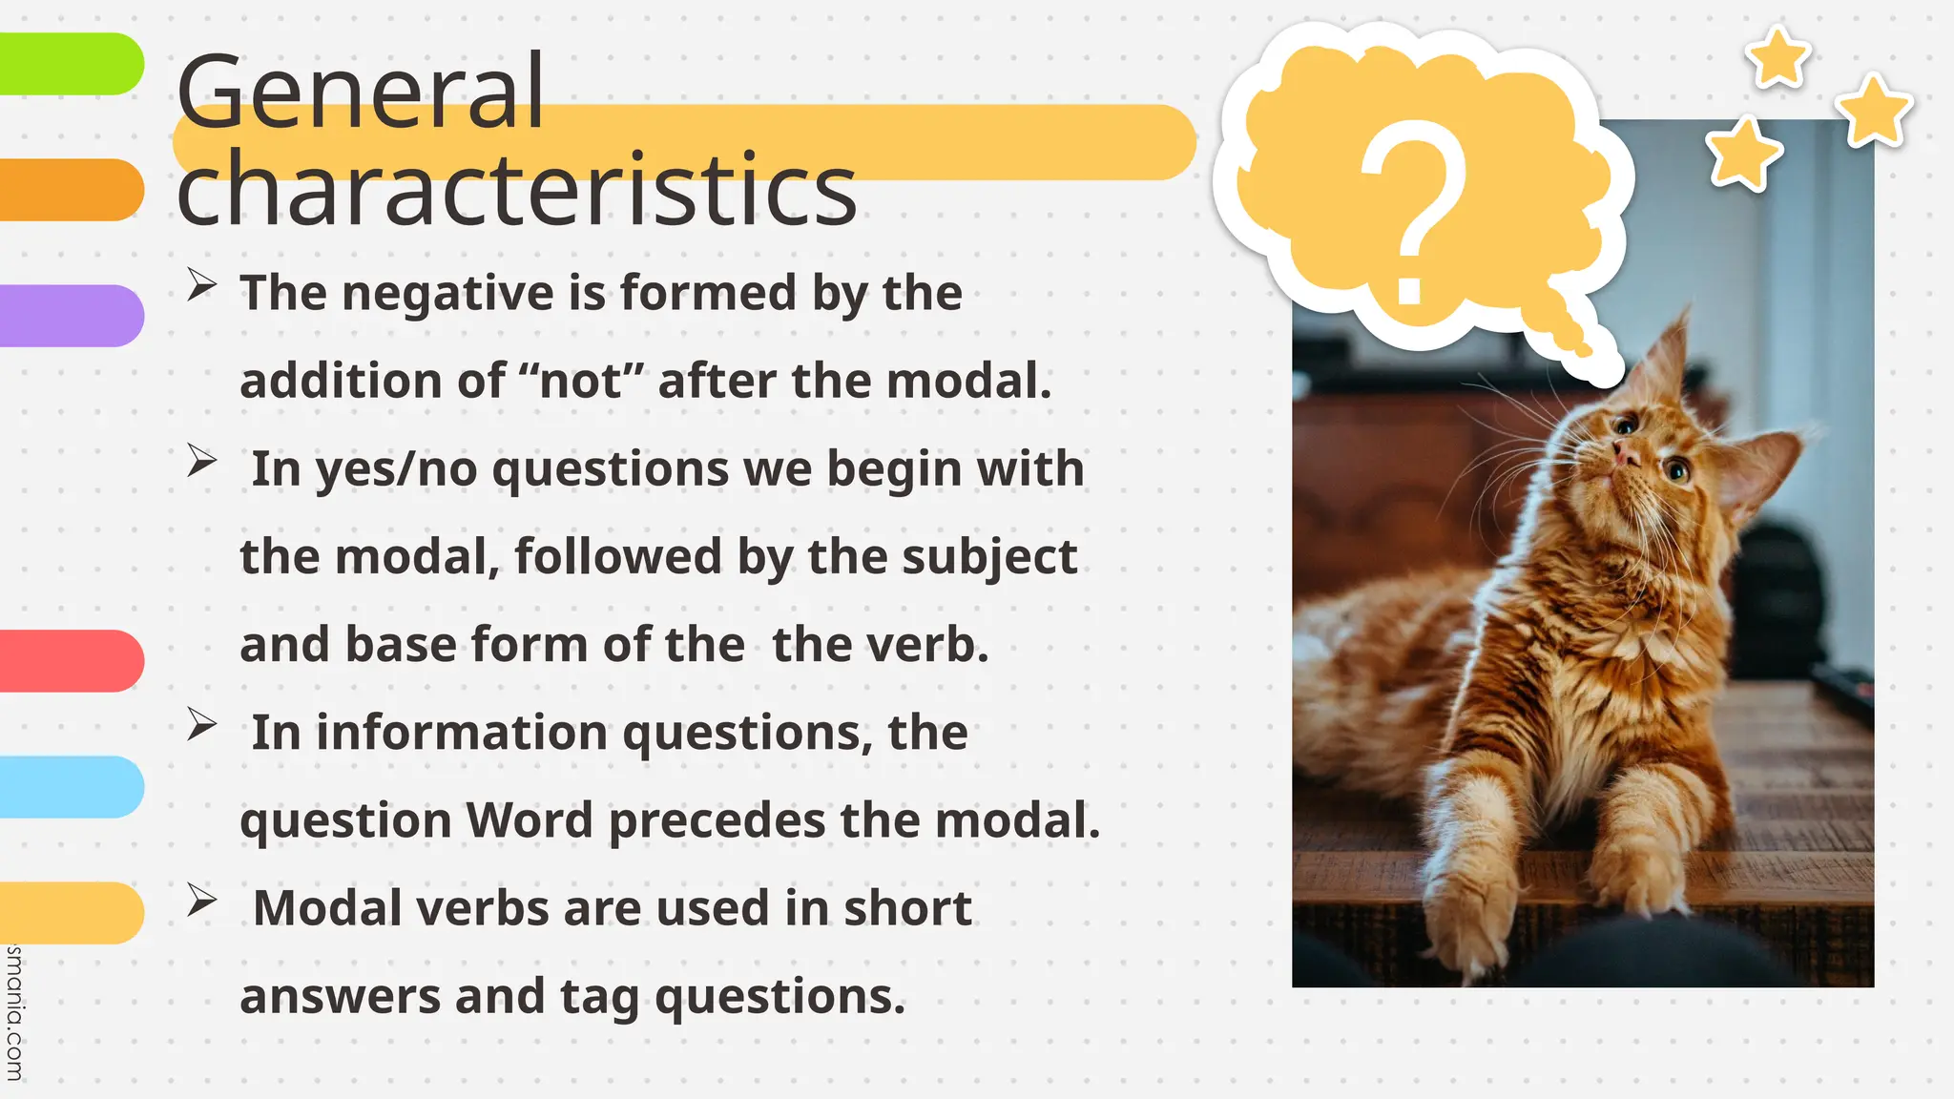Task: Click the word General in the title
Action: click(x=360, y=92)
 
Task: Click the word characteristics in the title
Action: click(x=516, y=189)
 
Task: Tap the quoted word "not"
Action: click(x=581, y=381)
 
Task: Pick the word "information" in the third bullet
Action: click(x=461, y=733)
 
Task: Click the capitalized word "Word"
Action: click(x=530, y=820)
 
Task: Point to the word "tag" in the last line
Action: click(x=598, y=998)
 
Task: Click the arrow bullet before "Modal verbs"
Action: click(x=201, y=900)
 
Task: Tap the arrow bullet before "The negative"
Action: click(x=201, y=284)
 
